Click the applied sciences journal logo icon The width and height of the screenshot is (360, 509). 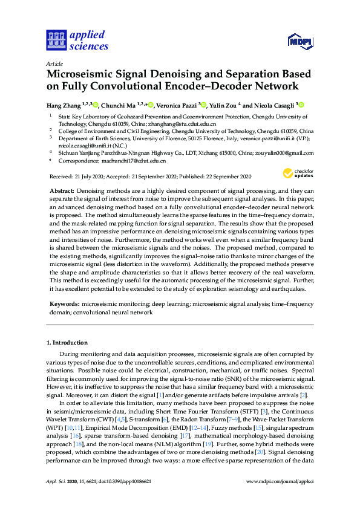tap(55, 40)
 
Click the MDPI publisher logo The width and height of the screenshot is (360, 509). tap(301, 41)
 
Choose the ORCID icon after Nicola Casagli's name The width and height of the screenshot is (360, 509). tap(301, 105)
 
